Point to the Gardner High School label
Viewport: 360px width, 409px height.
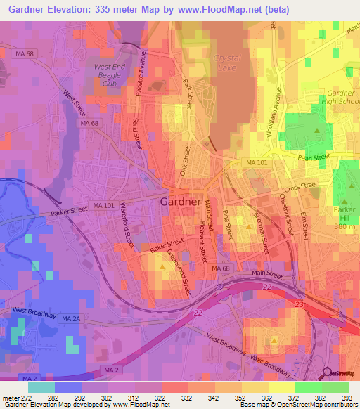coord(341,98)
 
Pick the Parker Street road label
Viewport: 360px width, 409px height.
coord(68,210)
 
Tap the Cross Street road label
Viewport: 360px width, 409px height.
coord(302,188)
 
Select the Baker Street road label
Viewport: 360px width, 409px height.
coord(167,245)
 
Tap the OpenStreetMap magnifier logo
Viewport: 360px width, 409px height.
coord(326,373)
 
